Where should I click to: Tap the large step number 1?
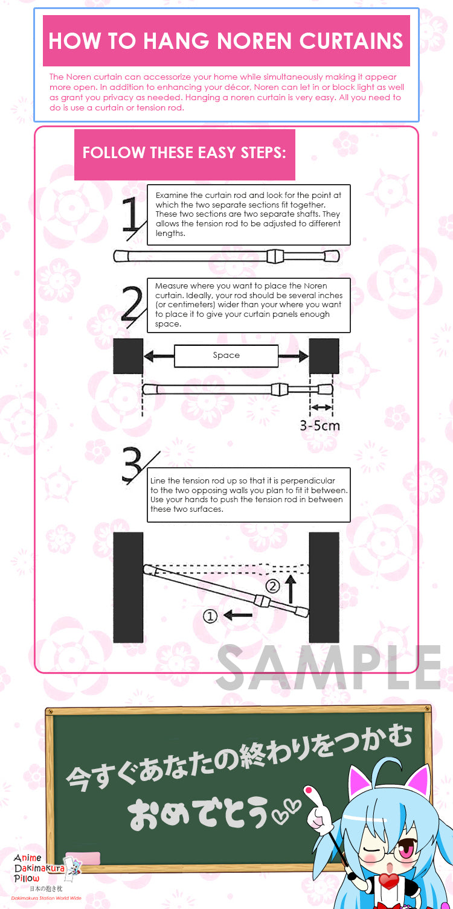(x=132, y=215)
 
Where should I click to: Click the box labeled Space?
(x=226, y=356)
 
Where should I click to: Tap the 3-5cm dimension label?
(x=320, y=426)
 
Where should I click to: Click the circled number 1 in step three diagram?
(x=210, y=616)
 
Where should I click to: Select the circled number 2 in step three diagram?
(x=272, y=586)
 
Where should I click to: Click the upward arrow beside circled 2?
(x=291, y=588)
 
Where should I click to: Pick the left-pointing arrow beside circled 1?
(x=238, y=615)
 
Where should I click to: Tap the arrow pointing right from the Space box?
(x=294, y=356)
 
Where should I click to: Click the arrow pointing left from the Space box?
(x=159, y=356)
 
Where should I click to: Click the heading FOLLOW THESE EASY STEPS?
(x=184, y=153)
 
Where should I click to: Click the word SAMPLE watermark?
(x=329, y=668)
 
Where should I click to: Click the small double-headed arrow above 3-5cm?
(x=321, y=407)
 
